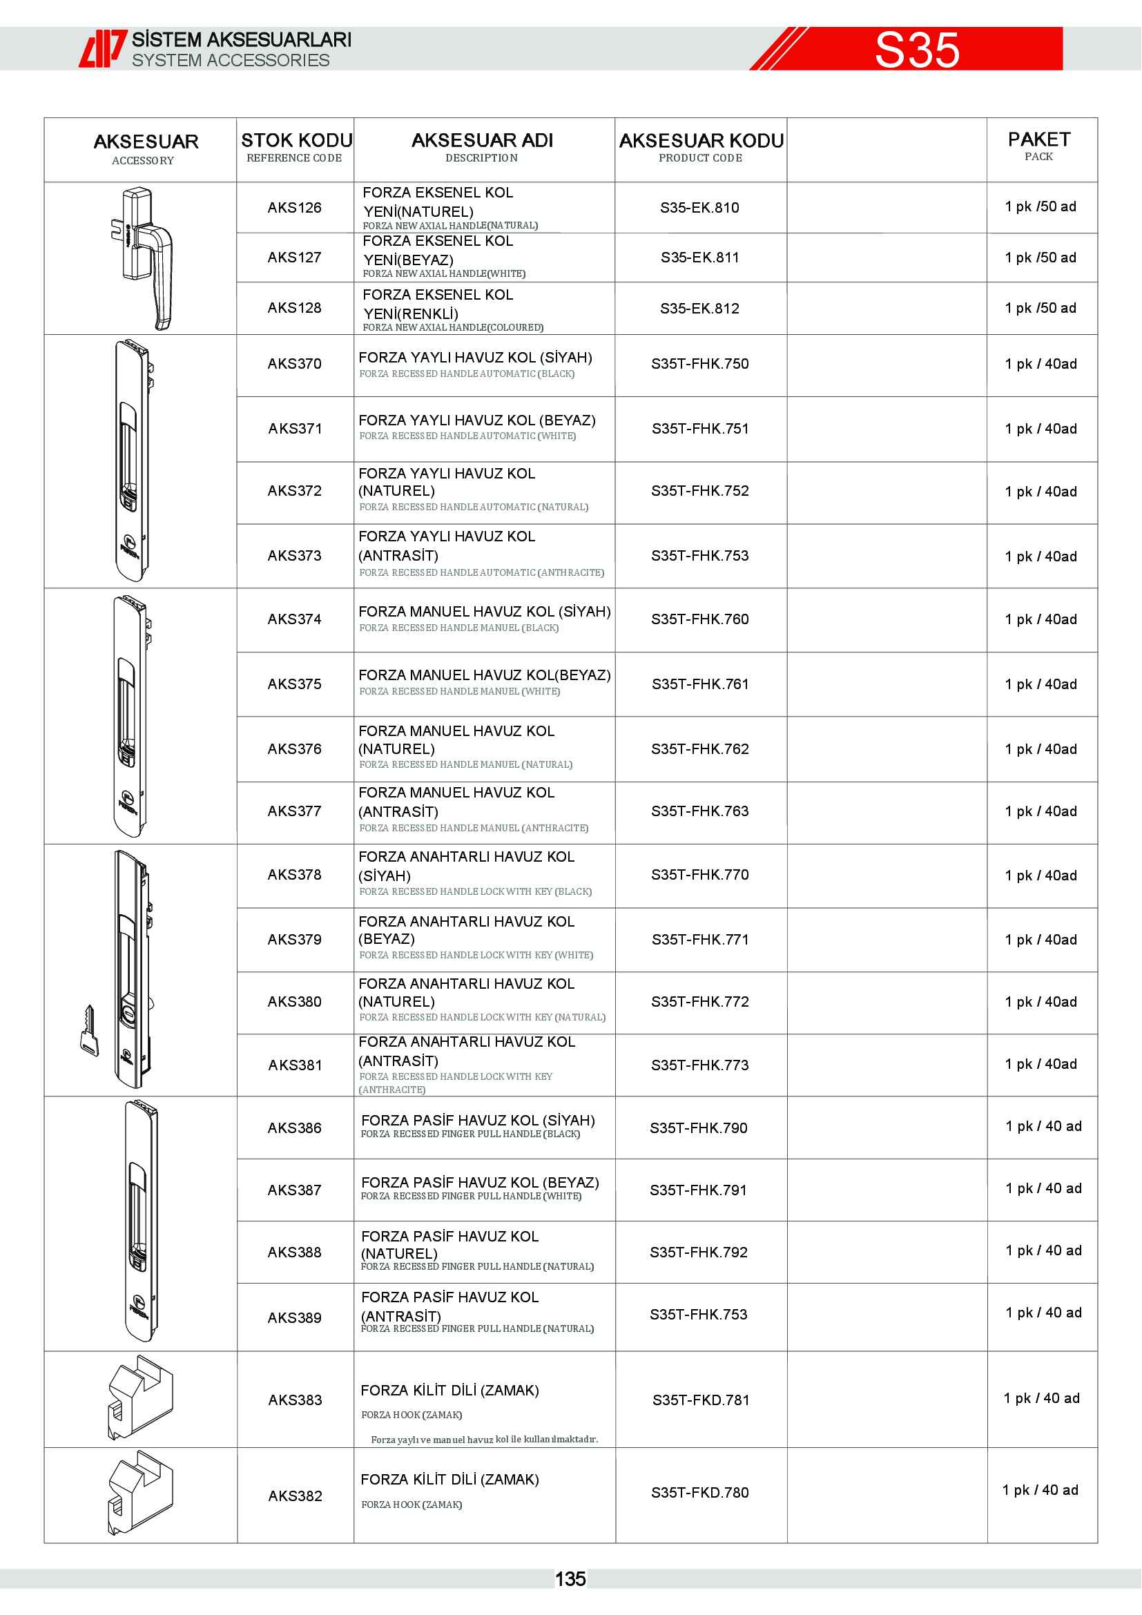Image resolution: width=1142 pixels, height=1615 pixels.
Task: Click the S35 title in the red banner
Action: [916, 50]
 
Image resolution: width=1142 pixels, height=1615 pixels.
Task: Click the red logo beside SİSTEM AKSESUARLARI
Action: [102, 49]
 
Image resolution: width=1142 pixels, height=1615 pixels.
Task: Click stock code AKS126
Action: [295, 208]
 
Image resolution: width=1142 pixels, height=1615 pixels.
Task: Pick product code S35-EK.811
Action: [699, 258]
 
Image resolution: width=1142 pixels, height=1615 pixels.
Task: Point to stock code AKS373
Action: [295, 556]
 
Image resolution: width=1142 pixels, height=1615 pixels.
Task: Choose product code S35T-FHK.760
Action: [699, 619]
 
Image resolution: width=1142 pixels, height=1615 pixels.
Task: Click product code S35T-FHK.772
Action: [699, 1002]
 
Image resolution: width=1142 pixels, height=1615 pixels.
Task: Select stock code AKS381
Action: [295, 1065]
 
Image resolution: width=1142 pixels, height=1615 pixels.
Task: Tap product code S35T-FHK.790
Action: [698, 1128]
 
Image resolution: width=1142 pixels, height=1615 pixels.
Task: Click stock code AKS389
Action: [295, 1317]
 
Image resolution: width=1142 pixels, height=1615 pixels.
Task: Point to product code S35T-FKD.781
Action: [700, 1400]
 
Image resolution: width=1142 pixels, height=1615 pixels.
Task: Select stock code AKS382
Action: [295, 1496]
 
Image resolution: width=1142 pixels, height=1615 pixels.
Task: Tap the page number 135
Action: [570, 1579]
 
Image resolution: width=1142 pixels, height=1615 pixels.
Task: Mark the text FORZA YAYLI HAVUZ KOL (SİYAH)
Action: [475, 358]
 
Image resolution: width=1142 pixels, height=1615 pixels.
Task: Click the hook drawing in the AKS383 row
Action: [141, 1398]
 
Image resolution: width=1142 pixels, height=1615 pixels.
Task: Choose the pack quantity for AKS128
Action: [1040, 308]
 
